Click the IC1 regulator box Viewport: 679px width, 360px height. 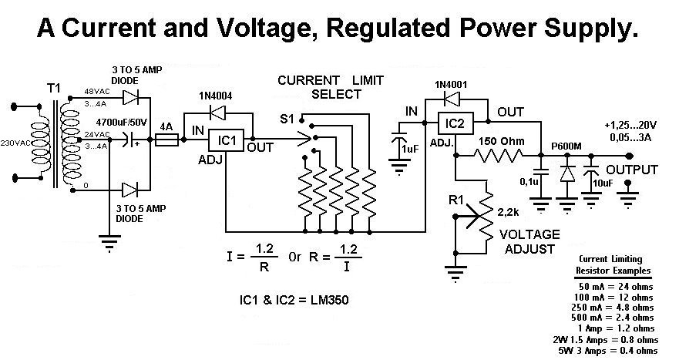pyautogui.click(x=226, y=140)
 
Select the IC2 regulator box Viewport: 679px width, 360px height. pyautogui.click(x=455, y=123)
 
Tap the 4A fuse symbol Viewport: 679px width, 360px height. pyautogui.click(x=166, y=140)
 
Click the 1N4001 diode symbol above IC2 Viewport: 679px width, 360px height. pyautogui.click(x=452, y=99)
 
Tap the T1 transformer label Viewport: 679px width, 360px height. pyautogui.click(x=54, y=89)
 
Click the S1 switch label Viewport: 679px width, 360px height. pyautogui.click(x=287, y=119)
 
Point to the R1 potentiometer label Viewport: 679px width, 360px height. pyautogui.click(x=455, y=200)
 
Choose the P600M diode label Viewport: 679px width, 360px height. pyautogui.click(x=566, y=146)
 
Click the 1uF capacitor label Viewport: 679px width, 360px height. pyautogui.click(x=410, y=149)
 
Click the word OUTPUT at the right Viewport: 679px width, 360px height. pyautogui.click(x=632, y=170)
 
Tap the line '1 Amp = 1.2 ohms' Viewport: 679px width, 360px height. pyautogui.click(x=615, y=328)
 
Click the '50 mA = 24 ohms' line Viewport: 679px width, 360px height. pyautogui.click(x=615, y=287)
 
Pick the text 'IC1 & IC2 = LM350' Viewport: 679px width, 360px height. pyautogui.click(x=294, y=300)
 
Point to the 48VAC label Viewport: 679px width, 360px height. pyautogui.click(x=97, y=92)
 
